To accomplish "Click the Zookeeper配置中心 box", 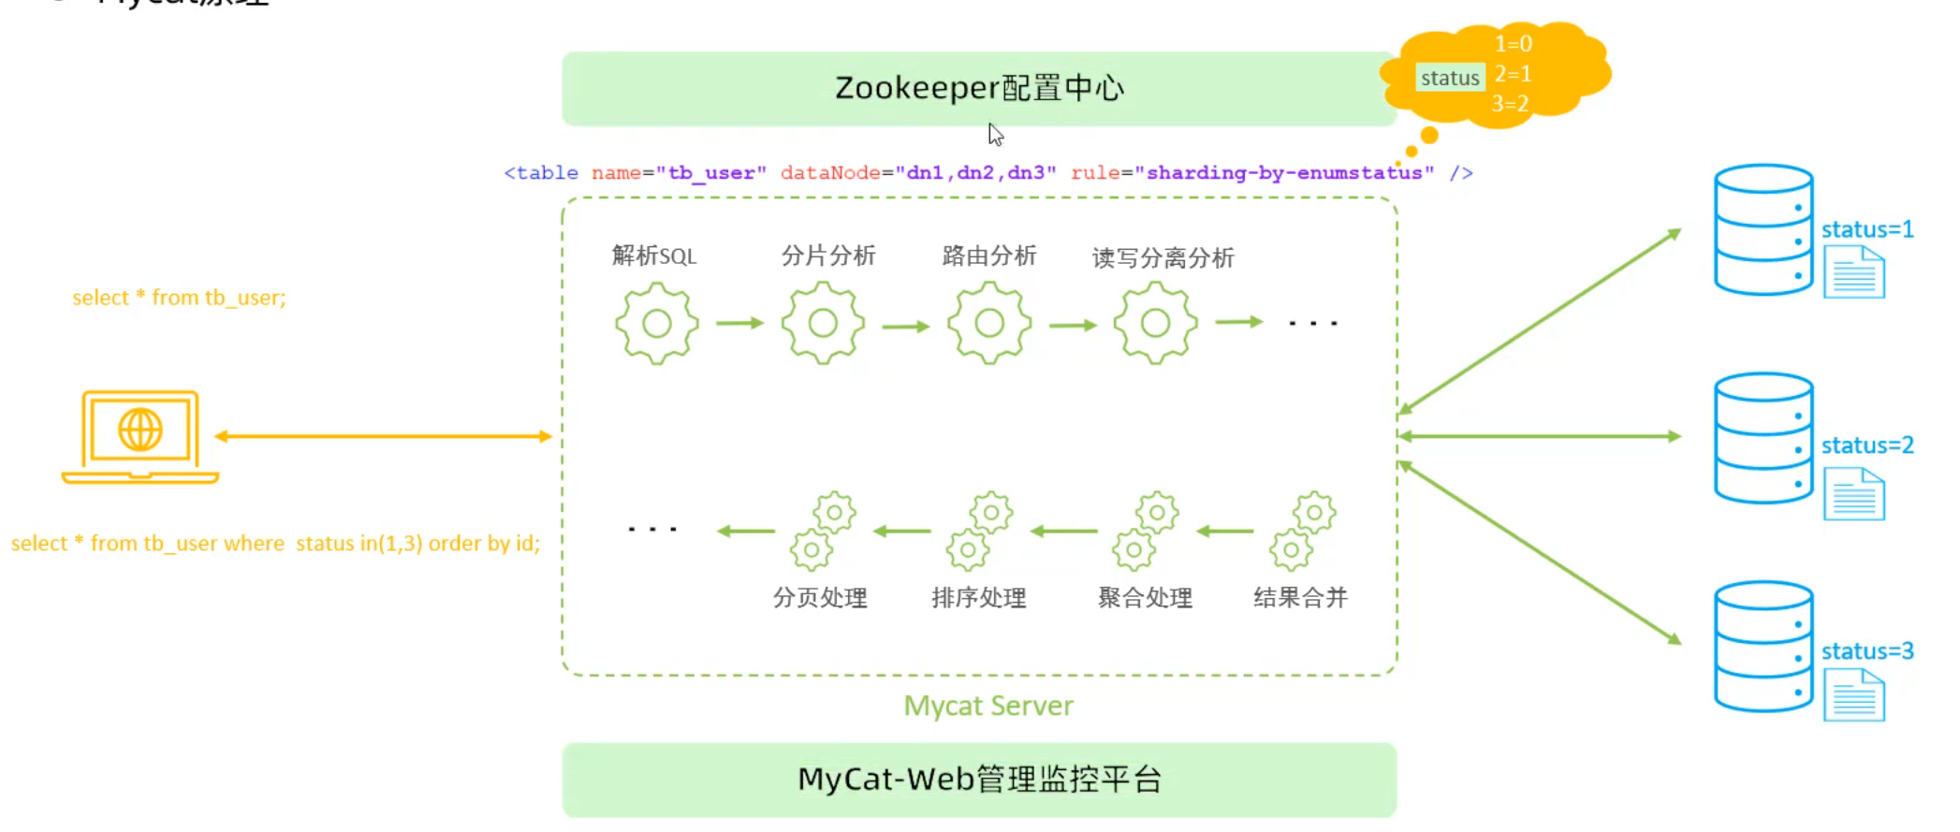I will (x=978, y=88).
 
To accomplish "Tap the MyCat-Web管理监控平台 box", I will (x=978, y=779).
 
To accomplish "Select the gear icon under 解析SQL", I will (x=656, y=324).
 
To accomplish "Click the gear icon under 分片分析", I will (x=823, y=324).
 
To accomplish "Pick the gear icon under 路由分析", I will (x=989, y=324).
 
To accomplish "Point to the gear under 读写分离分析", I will (x=1155, y=324).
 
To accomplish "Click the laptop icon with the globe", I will (x=140, y=436).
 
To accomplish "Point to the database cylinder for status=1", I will (x=1763, y=230).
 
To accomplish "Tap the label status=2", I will (x=1866, y=445).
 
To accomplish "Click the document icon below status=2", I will (x=1853, y=494).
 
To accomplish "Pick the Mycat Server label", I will (x=988, y=706).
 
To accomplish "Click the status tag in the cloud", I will (x=1449, y=79).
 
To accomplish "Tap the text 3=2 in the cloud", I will (x=1510, y=104).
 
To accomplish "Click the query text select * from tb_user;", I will (x=179, y=298).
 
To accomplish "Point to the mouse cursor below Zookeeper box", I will (x=995, y=135).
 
